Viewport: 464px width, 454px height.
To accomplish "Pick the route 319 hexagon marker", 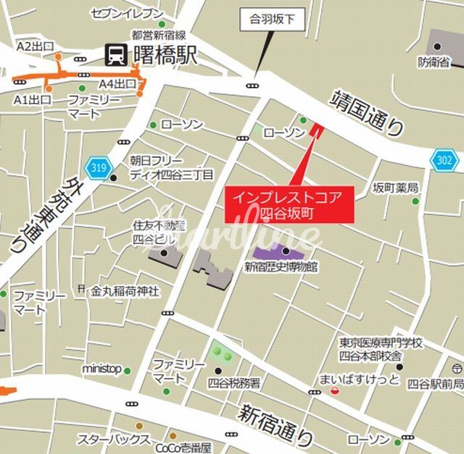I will (x=99, y=168).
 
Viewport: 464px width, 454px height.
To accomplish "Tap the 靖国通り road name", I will (x=368, y=113).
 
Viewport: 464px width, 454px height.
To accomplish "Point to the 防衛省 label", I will (x=434, y=63).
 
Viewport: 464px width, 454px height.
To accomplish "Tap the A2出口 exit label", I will (x=35, y=46).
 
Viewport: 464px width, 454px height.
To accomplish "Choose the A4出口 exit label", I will (x=117, y=83).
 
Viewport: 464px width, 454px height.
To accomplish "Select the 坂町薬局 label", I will (x=396, y=188).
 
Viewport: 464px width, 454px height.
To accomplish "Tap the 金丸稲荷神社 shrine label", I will (x=124, y=291).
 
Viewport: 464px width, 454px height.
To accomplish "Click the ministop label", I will (x=101, y=369).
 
